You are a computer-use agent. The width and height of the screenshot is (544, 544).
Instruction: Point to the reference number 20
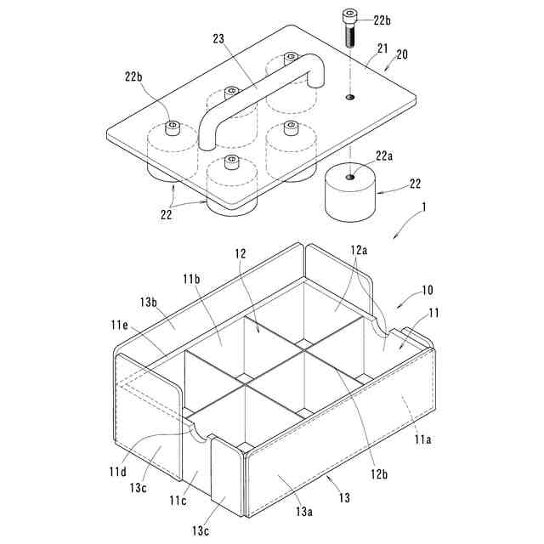pyautogui.click(x=401, y=54)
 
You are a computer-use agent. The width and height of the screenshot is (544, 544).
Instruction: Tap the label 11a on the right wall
pyautogui.click(x=422, y=439)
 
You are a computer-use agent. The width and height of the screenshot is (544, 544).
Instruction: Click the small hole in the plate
pyautogui.click(x=350, y=98)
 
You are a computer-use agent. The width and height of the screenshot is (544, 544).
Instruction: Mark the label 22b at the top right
pyautogui.click(x=382, y=19)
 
